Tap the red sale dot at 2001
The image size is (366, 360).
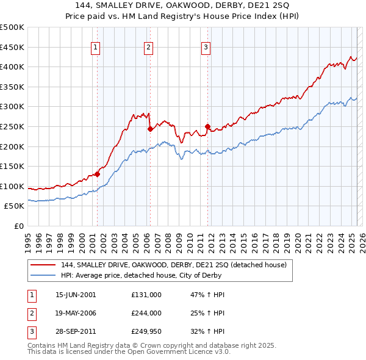coord(97,174)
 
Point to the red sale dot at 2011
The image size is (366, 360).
coord(208,126)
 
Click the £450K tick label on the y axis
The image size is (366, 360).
coord(12,47)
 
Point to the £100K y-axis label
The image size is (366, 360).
coord(12,186)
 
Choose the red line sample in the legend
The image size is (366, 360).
coord(43,265)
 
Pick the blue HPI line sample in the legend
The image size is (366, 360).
coord(43,275)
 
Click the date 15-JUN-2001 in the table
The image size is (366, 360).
coord(75,295)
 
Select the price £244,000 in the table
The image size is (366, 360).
coord(146,313)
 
